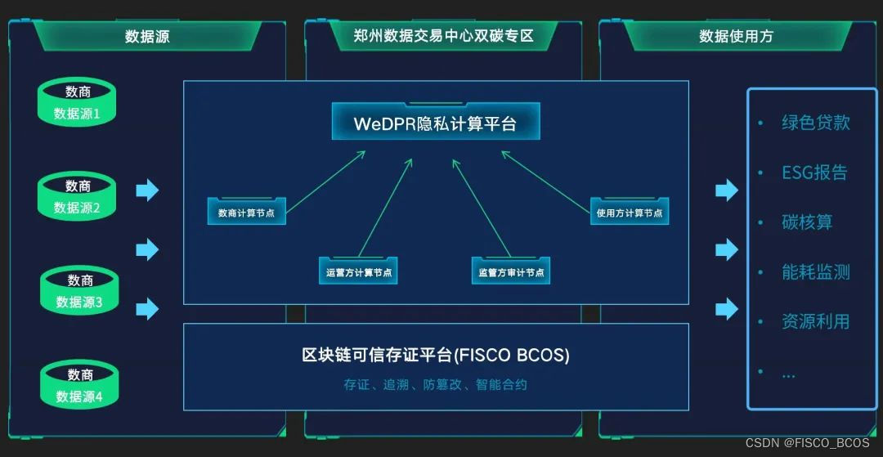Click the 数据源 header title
click(x=147, y=36)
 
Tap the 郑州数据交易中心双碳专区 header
click(x=443, y=36)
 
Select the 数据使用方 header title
click(x=736, y=36)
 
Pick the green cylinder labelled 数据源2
click(x=78, y=197)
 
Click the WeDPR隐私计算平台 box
click(x=435, y=123)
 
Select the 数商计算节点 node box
click(x=246, y=213)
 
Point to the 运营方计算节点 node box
click(x=358, y=272)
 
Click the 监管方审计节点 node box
click(x=511, y=272)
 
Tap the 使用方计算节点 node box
click(x=630, y=213)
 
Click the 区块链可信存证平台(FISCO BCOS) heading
click(x=435, y=356)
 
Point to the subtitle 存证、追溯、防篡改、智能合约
click(x=435, y=384)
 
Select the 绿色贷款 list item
click(x=815, y=123)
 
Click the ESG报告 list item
click(x=814, y=172)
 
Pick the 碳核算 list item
click(x=806, y=222)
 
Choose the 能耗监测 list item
click(x=815, y=272)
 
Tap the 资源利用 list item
click(x=815, y=321)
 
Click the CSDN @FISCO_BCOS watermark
click(x=807, y=442)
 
